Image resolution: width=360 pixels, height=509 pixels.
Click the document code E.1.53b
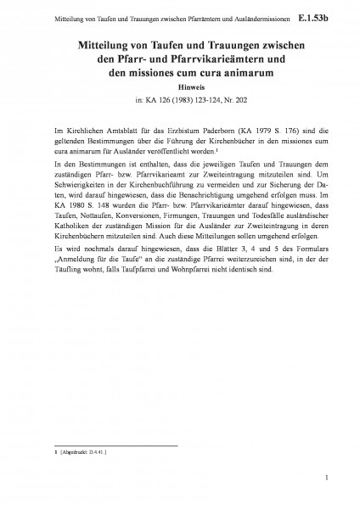coord(330,15)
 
